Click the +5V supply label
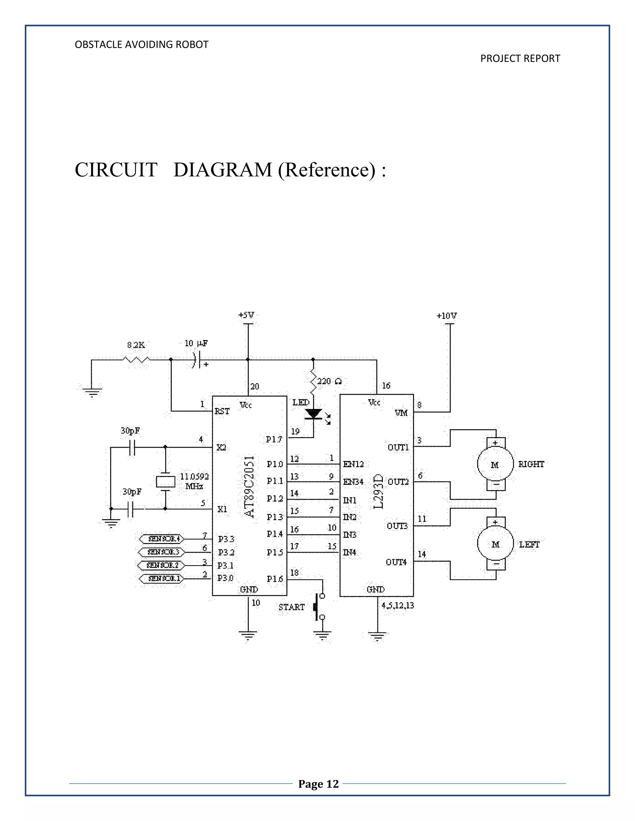(246, 315)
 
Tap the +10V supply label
(446, 316)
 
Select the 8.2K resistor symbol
(136, 360)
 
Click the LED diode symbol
(313, 414)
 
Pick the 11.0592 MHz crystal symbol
(166, 481)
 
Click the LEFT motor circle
(495, 544)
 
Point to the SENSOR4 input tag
(161, 539)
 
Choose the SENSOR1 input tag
(161, 578)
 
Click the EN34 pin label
(353, 482)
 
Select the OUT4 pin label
(396, 562)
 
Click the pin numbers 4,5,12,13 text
(397, 606)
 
